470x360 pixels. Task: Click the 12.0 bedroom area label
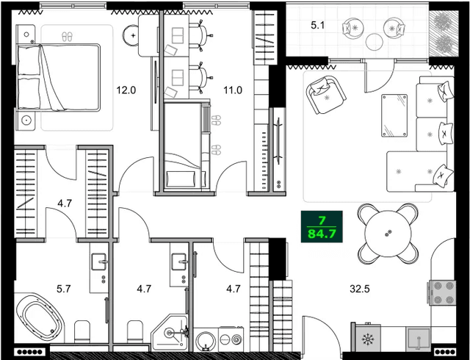tap(126, 91)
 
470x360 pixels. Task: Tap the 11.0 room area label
tap(233, 91)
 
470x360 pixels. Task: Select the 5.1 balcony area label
tap(317, 26)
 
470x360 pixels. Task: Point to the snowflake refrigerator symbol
tap(367, 341)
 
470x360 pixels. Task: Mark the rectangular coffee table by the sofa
tap(394, 115)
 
